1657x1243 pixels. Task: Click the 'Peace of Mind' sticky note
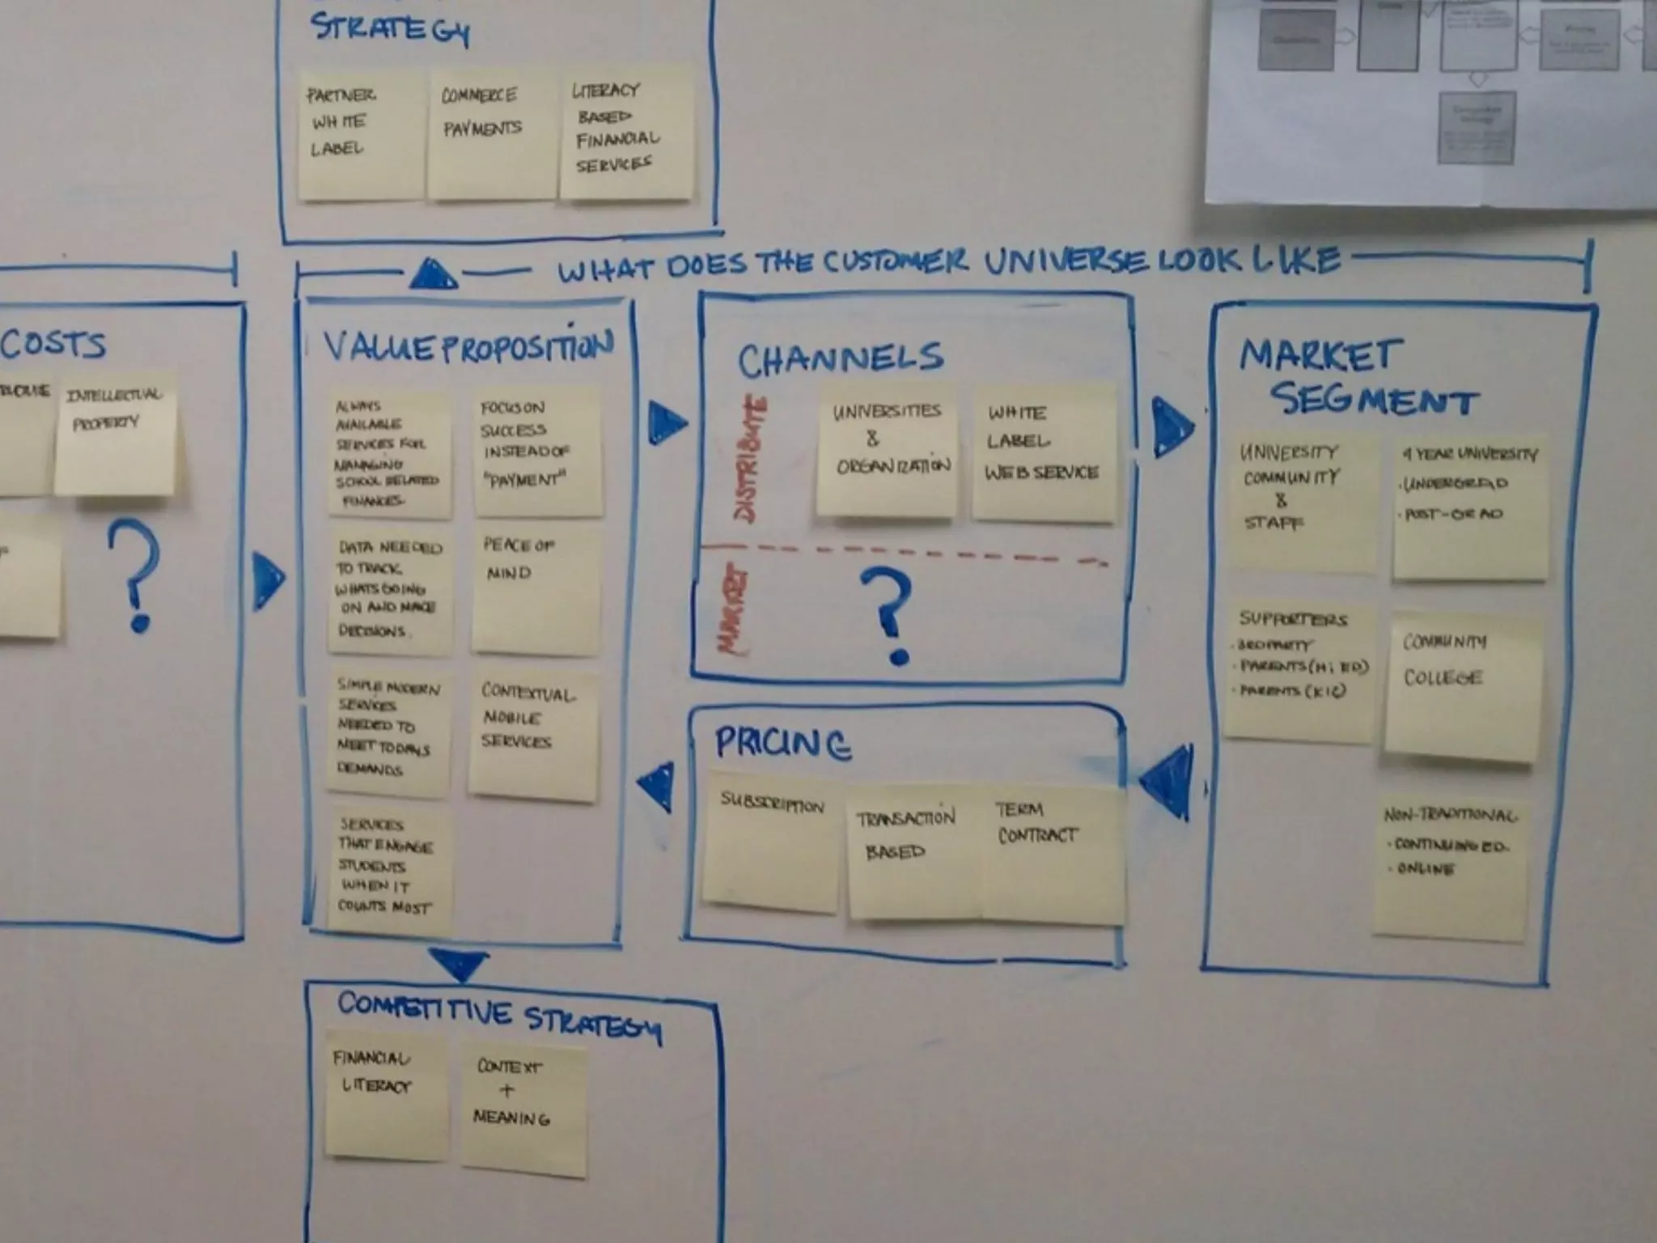coord(536,591)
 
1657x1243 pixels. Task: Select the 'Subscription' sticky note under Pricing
coord(770,842)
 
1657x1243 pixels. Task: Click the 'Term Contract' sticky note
coord(1052,854)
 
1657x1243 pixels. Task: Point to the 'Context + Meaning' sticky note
coord(523,1109)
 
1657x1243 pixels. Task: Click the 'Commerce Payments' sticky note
coord(492,134)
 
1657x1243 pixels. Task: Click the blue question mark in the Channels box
coord(890,615)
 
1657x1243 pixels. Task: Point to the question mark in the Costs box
coord(135,575)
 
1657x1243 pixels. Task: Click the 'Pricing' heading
coord(782,743)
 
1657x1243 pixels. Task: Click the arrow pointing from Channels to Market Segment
coord(1171,426)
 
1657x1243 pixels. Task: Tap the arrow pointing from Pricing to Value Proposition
coord(657,785)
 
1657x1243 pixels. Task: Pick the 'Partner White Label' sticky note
coord(361,134)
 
